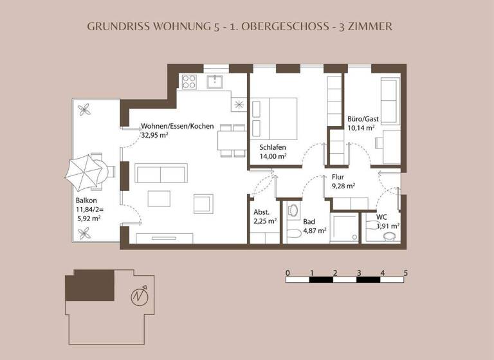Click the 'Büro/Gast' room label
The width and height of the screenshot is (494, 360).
point(363,119)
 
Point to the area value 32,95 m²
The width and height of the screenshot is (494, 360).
point(158,136)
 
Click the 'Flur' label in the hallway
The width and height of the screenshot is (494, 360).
point(339,176)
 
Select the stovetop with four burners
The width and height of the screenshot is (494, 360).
point(189,82)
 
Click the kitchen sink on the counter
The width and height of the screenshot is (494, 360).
point(214,81)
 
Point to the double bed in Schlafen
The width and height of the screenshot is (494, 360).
point(274,117)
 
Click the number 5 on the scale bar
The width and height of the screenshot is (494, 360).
point(406,272)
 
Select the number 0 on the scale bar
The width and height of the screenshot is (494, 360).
point(287,272)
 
